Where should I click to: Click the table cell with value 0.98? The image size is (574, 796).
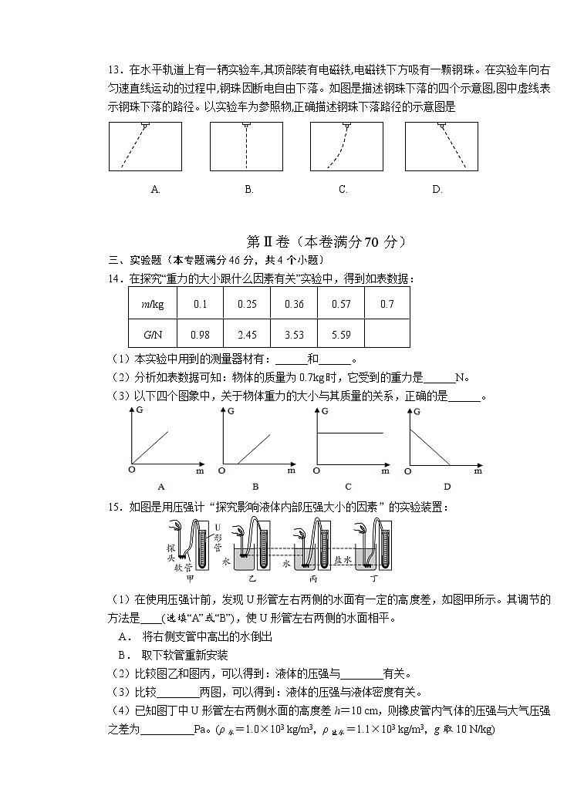[201, 334]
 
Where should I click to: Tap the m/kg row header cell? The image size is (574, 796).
[153, 304]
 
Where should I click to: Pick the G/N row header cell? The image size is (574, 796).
[153, 334]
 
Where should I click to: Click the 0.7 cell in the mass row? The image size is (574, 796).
[387, 304]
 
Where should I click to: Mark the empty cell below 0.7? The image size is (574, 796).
[387, 334]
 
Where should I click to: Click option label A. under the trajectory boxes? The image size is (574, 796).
[155, 189]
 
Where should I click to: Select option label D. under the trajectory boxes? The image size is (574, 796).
[437, 189]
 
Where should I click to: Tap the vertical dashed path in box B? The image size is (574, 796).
[247, 147]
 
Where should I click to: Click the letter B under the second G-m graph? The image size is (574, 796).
[255, 486]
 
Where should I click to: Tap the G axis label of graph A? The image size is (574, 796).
[139, 411]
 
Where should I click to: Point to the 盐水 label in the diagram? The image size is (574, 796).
[343, 560]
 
